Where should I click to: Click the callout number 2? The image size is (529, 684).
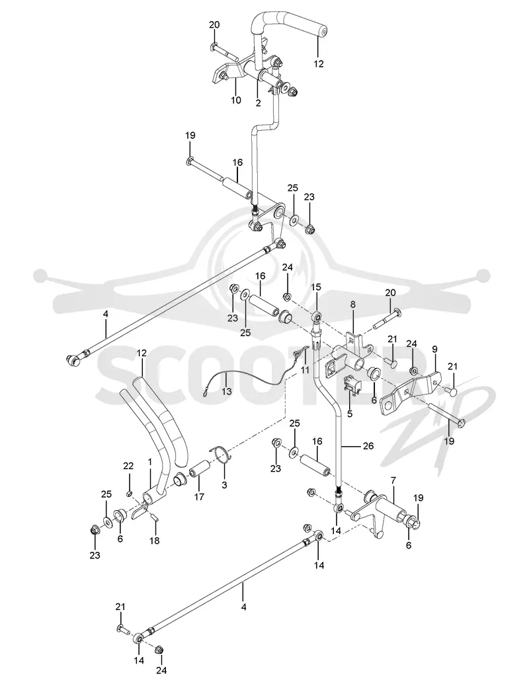tap(258, 103)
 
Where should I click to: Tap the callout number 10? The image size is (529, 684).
tap(235, 100)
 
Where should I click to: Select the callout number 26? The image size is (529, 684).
tap(368, 446)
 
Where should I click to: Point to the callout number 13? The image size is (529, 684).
tap(227, 391)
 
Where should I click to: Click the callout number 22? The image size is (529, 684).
tap(128, 466)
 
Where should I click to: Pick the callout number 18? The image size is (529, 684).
tap(154, 541)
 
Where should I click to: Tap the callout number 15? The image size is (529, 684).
tap(316, 287)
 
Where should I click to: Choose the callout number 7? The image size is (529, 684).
tap(393, 480)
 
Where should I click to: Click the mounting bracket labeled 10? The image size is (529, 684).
tap(227, 72)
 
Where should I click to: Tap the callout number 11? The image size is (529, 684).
tap(305, 371)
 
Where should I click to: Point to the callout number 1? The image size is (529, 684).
tap(149, 461)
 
